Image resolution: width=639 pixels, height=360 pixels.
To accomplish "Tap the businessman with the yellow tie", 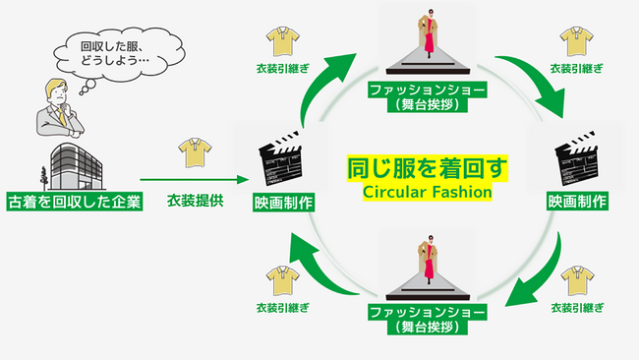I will [58, 110].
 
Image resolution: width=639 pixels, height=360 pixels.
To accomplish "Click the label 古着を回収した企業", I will [74, 203].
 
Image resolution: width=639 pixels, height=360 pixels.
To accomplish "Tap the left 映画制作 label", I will [283, 203].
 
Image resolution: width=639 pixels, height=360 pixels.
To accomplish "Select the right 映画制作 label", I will [577, 202].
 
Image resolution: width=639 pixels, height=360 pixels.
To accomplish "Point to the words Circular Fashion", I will [427, 191].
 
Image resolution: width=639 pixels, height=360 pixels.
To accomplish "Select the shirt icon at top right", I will [577, 41].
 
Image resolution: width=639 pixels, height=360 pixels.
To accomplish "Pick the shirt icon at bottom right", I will [577, 280].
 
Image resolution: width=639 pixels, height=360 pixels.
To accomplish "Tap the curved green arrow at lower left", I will [319, 266].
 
